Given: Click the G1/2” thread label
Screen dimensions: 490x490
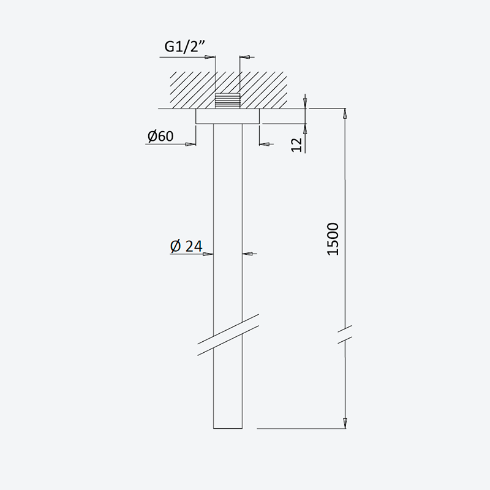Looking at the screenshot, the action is pyautogui.click(x=185, y=47).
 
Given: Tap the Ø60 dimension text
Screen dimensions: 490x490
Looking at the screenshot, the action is pyautogui.click(x=160, y=136).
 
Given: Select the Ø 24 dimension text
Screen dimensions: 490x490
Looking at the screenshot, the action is pyautogui.click(x=186, y=246).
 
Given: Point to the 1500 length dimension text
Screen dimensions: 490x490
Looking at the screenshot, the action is pyautogui.click(x=333, y=239).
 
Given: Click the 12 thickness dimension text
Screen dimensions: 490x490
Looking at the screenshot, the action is pyautogui.click(x=297, y=145).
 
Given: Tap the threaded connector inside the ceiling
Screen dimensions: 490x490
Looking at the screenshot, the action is pyautogui.click(x=227, y=100).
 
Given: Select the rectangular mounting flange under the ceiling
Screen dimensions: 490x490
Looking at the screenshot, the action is pyautogui.click(x=227, y=116).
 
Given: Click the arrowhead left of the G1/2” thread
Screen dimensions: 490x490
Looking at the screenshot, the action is pyautogui.click(x=210, y=57).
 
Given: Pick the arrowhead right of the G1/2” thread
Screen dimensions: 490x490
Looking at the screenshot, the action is pyautogui.click(x=245, y=57).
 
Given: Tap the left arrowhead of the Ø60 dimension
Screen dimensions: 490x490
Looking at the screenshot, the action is pyautogui.click(x=190, y=145).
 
